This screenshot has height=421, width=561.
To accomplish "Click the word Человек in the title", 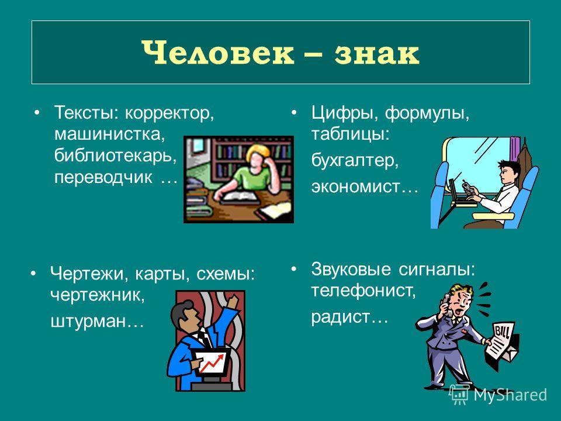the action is (217, 53).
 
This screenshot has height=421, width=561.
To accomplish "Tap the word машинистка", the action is (109, 134).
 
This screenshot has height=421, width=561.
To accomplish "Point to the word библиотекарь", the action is (115, 156).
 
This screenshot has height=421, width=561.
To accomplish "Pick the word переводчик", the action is (103, 178).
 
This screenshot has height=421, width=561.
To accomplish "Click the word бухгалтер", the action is (354, 160).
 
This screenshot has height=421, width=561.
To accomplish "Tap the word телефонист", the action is (363, 291).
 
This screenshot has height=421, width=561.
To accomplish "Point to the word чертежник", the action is (98, 296).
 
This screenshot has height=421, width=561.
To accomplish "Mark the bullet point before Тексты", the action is (36, 113).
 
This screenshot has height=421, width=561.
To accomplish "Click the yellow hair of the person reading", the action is (258, 150).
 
